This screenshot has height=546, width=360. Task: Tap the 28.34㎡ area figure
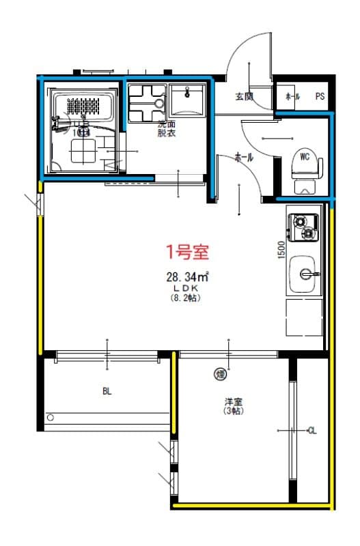pyautogui.click(x=186, y=278)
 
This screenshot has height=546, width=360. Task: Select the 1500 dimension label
pyautogui.click(x=281, y=250)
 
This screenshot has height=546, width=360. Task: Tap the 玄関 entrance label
pyautogui.click(x=244, y=96)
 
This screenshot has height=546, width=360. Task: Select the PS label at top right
pyautogui.click(x=320, y=97)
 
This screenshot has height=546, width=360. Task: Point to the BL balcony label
pyautogui.click(x=107, y=391)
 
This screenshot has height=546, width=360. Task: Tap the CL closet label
pyautogui.click(x=312, y=430)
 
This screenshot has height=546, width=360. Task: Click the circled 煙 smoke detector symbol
pyautogui.click(x=221, y=373)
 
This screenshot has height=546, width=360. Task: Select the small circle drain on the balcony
pyautogui.click(x=50, y=416)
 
